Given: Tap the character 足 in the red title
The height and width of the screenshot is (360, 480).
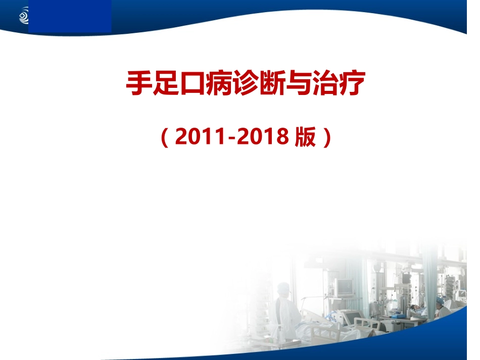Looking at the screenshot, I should (x=165, y=84).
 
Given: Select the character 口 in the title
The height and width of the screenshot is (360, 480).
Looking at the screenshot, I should (x=191, y=84).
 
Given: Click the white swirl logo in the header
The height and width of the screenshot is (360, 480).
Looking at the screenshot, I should (x=24, y=17).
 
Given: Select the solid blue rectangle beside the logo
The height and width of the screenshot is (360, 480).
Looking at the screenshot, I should (x=70, y=17).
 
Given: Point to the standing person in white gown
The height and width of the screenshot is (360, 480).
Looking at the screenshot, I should (x=285, y=311).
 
